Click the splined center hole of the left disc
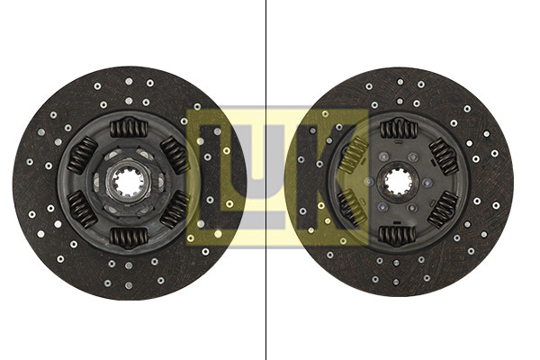129,181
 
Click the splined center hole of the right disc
398,182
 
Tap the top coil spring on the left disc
129,128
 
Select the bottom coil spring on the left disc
129,238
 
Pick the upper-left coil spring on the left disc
83,154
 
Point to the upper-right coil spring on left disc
175,155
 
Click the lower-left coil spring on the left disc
82,209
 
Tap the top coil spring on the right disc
399,130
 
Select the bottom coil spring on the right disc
397,235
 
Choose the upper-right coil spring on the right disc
444,157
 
